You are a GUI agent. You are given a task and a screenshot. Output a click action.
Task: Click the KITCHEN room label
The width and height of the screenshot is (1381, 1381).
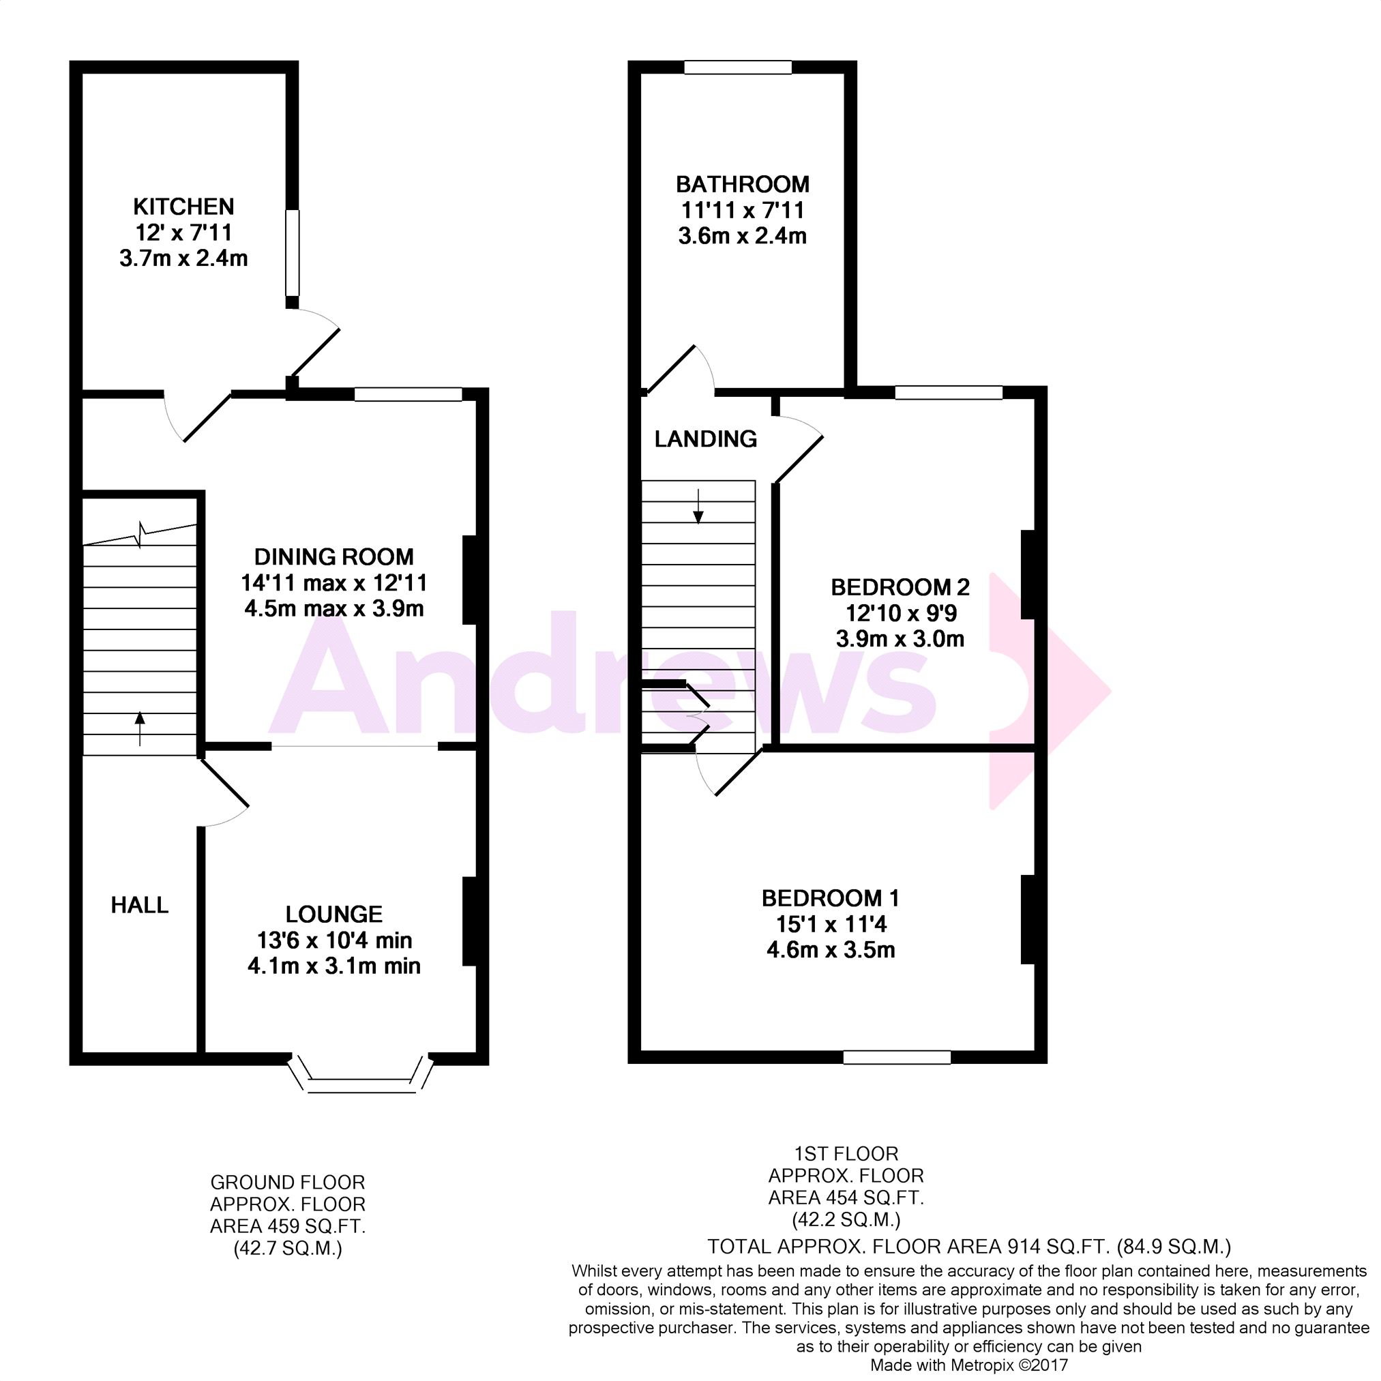tap(183, 207)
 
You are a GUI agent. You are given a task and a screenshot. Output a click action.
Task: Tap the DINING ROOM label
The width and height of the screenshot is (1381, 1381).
tap(333, 556)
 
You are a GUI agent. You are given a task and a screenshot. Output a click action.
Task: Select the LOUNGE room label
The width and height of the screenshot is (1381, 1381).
tap(333, 915)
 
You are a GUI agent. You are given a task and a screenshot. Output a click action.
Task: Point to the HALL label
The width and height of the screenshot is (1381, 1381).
tap(139, 906)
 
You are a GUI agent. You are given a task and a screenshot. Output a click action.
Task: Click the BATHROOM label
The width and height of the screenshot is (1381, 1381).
tap(743, 184)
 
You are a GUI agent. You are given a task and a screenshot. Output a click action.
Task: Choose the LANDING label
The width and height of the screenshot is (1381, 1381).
tap(706, 439)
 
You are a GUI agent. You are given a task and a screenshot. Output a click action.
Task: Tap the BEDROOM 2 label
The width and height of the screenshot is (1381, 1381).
tap(900, 588)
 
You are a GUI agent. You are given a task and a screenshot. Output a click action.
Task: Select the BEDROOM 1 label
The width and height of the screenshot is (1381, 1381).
tap(831, 899)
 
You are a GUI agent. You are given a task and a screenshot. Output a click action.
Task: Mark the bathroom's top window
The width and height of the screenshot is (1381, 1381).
tap(738, 68)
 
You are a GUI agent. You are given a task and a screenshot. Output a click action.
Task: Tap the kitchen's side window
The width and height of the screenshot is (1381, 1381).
tap(293, 252)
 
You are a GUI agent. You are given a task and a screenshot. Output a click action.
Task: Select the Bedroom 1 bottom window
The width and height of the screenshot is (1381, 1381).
tap(897, 1056)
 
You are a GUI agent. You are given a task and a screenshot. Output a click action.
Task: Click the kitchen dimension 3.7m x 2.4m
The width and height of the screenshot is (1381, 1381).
tap(183, 258)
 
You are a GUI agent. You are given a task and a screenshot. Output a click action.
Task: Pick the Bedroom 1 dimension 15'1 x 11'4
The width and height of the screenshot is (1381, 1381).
tap(831, 925)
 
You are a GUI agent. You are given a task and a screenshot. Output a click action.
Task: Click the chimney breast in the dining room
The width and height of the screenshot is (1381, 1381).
tap(470, 580)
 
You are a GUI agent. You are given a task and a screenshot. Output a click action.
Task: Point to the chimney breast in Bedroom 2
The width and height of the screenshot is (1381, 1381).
tap(1028, 574)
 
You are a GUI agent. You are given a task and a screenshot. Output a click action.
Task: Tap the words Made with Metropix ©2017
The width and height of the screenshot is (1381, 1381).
tap(968, 1365)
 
